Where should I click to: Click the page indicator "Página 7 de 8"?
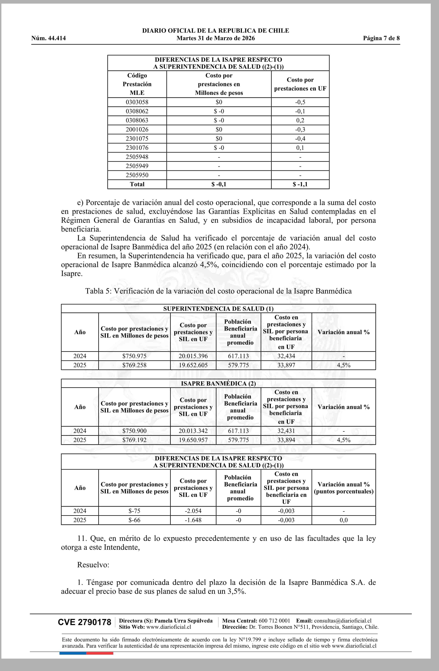click(381, 38)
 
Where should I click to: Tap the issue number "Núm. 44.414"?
click(49, 38)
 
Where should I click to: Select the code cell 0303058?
click(137, 102)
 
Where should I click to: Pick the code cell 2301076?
click(137, 148)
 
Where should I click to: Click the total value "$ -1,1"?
click(300, 184)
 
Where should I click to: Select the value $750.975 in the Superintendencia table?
click(134, 356)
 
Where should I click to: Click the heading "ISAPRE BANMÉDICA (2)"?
click(218, 384)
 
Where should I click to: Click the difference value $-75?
click(134, 511)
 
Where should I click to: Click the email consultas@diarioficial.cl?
click(343, 621)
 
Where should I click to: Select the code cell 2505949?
click(137, 166)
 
